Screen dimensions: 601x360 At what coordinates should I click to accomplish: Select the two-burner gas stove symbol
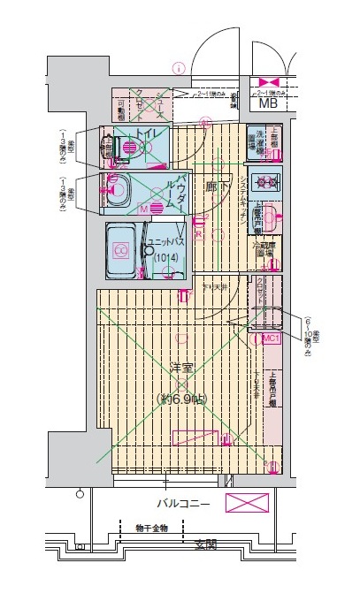point(265,183)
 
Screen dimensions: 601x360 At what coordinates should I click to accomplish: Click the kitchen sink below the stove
point(270,217)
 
